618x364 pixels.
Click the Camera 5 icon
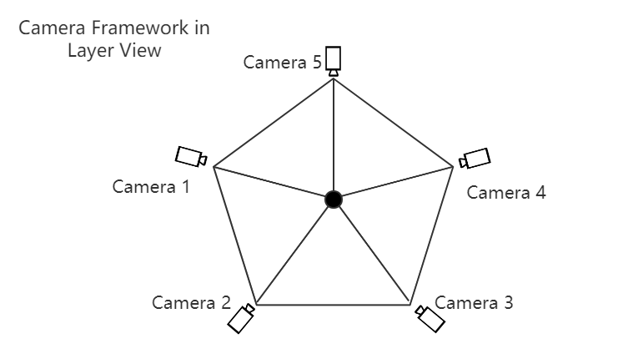click(334, 59)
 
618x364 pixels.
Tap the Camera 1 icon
click(190, 156)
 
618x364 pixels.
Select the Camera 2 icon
click(242, 318)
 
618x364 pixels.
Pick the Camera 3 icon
click(430, 318)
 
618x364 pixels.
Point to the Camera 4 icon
click(476, 158)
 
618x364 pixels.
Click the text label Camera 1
click(151, 186)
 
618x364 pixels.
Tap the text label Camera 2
click(191, 302)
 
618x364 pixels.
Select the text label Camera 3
click(474, 302)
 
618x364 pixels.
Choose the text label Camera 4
click(506, 193)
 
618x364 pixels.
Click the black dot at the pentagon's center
click(334, 199)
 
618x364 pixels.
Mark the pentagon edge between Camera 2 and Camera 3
click(334, 305)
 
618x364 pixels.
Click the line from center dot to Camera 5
click(334, 134)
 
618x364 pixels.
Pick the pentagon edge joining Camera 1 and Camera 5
click(274, 122)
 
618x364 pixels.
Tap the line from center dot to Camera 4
click(392, 184)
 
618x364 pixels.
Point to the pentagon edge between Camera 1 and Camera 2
click(234, 235)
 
